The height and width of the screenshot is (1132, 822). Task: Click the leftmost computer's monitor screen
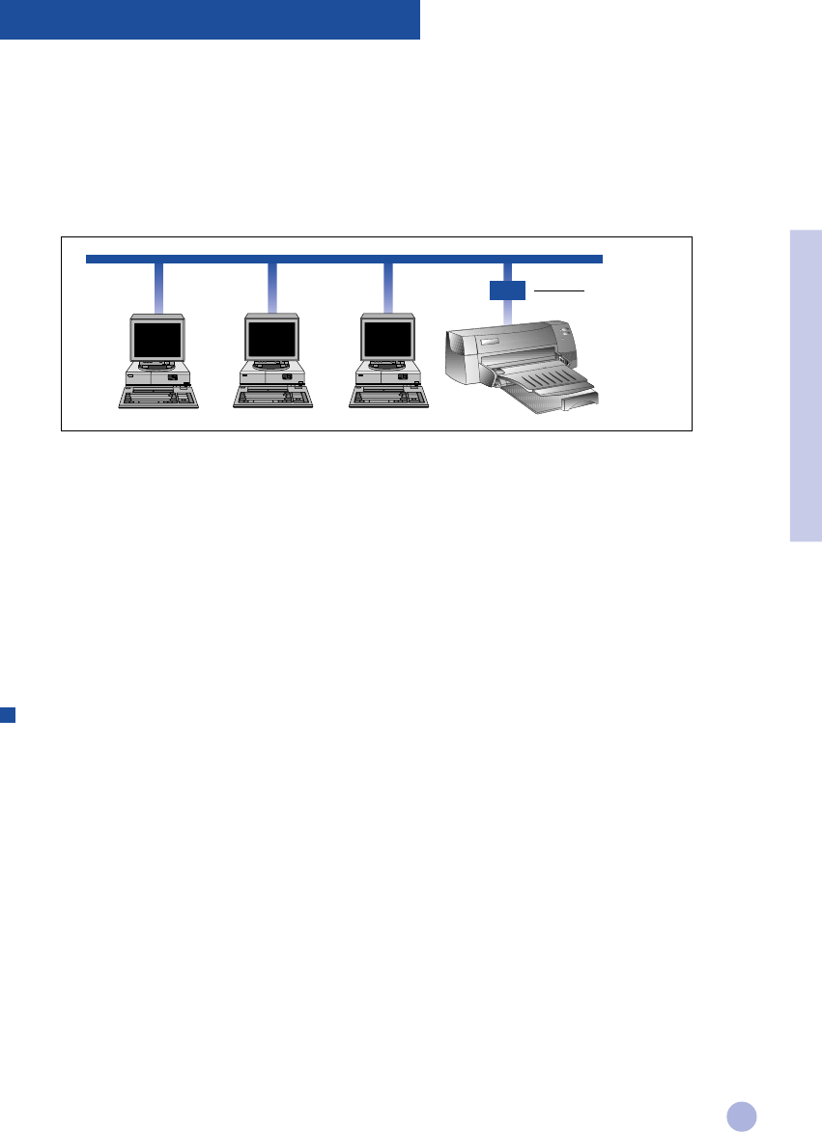pos(157,339)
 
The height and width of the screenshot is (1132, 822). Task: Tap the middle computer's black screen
pos(271,339)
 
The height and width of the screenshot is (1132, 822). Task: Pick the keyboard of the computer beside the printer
pos(385,396)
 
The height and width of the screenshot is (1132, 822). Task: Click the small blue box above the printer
pos(507,289)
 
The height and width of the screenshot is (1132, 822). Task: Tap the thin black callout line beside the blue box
pos(559,289)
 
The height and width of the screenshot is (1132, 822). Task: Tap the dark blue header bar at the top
pos(210,19)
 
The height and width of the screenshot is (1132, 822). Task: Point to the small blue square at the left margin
pos(7,714)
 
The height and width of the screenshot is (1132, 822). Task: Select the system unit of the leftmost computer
pos(157,376)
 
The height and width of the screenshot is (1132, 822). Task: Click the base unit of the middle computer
pos(271,376)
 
